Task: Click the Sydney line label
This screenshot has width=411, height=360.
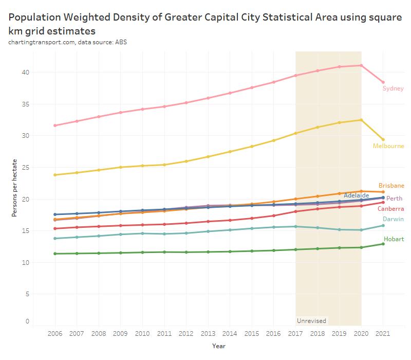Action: [x=393, y=88]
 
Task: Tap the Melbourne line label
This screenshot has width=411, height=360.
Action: [x=388, y=146]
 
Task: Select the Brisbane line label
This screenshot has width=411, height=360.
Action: [x=391, y=186]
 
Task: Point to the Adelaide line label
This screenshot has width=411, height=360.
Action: [x=357, y=195]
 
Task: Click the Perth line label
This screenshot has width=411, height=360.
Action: [x=394, y=199]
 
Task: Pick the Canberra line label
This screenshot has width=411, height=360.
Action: [x=390, y=209]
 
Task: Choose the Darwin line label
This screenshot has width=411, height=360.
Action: [x=393, y=219]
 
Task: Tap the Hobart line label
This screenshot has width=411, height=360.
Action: [x=393, y=239]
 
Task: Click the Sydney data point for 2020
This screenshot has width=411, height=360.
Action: [x=361, y=65]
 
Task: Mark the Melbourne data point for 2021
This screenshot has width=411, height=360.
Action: [x=383, y=139]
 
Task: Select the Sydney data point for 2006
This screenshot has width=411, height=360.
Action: [x=55, y=125]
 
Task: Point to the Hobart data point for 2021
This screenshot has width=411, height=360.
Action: [x=383, y=244]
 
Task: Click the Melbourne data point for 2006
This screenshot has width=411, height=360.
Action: [x=55, y=175]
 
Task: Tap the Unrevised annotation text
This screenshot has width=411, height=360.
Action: [x=311, y=321]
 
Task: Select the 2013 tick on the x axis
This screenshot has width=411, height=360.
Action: [x=208, y=334]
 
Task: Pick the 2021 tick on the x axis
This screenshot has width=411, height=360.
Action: [x=383, y=334]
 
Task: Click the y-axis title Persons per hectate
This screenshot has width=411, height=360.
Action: [x=15, y=195]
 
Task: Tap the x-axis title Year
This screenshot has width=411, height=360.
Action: [x=219, y=346]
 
